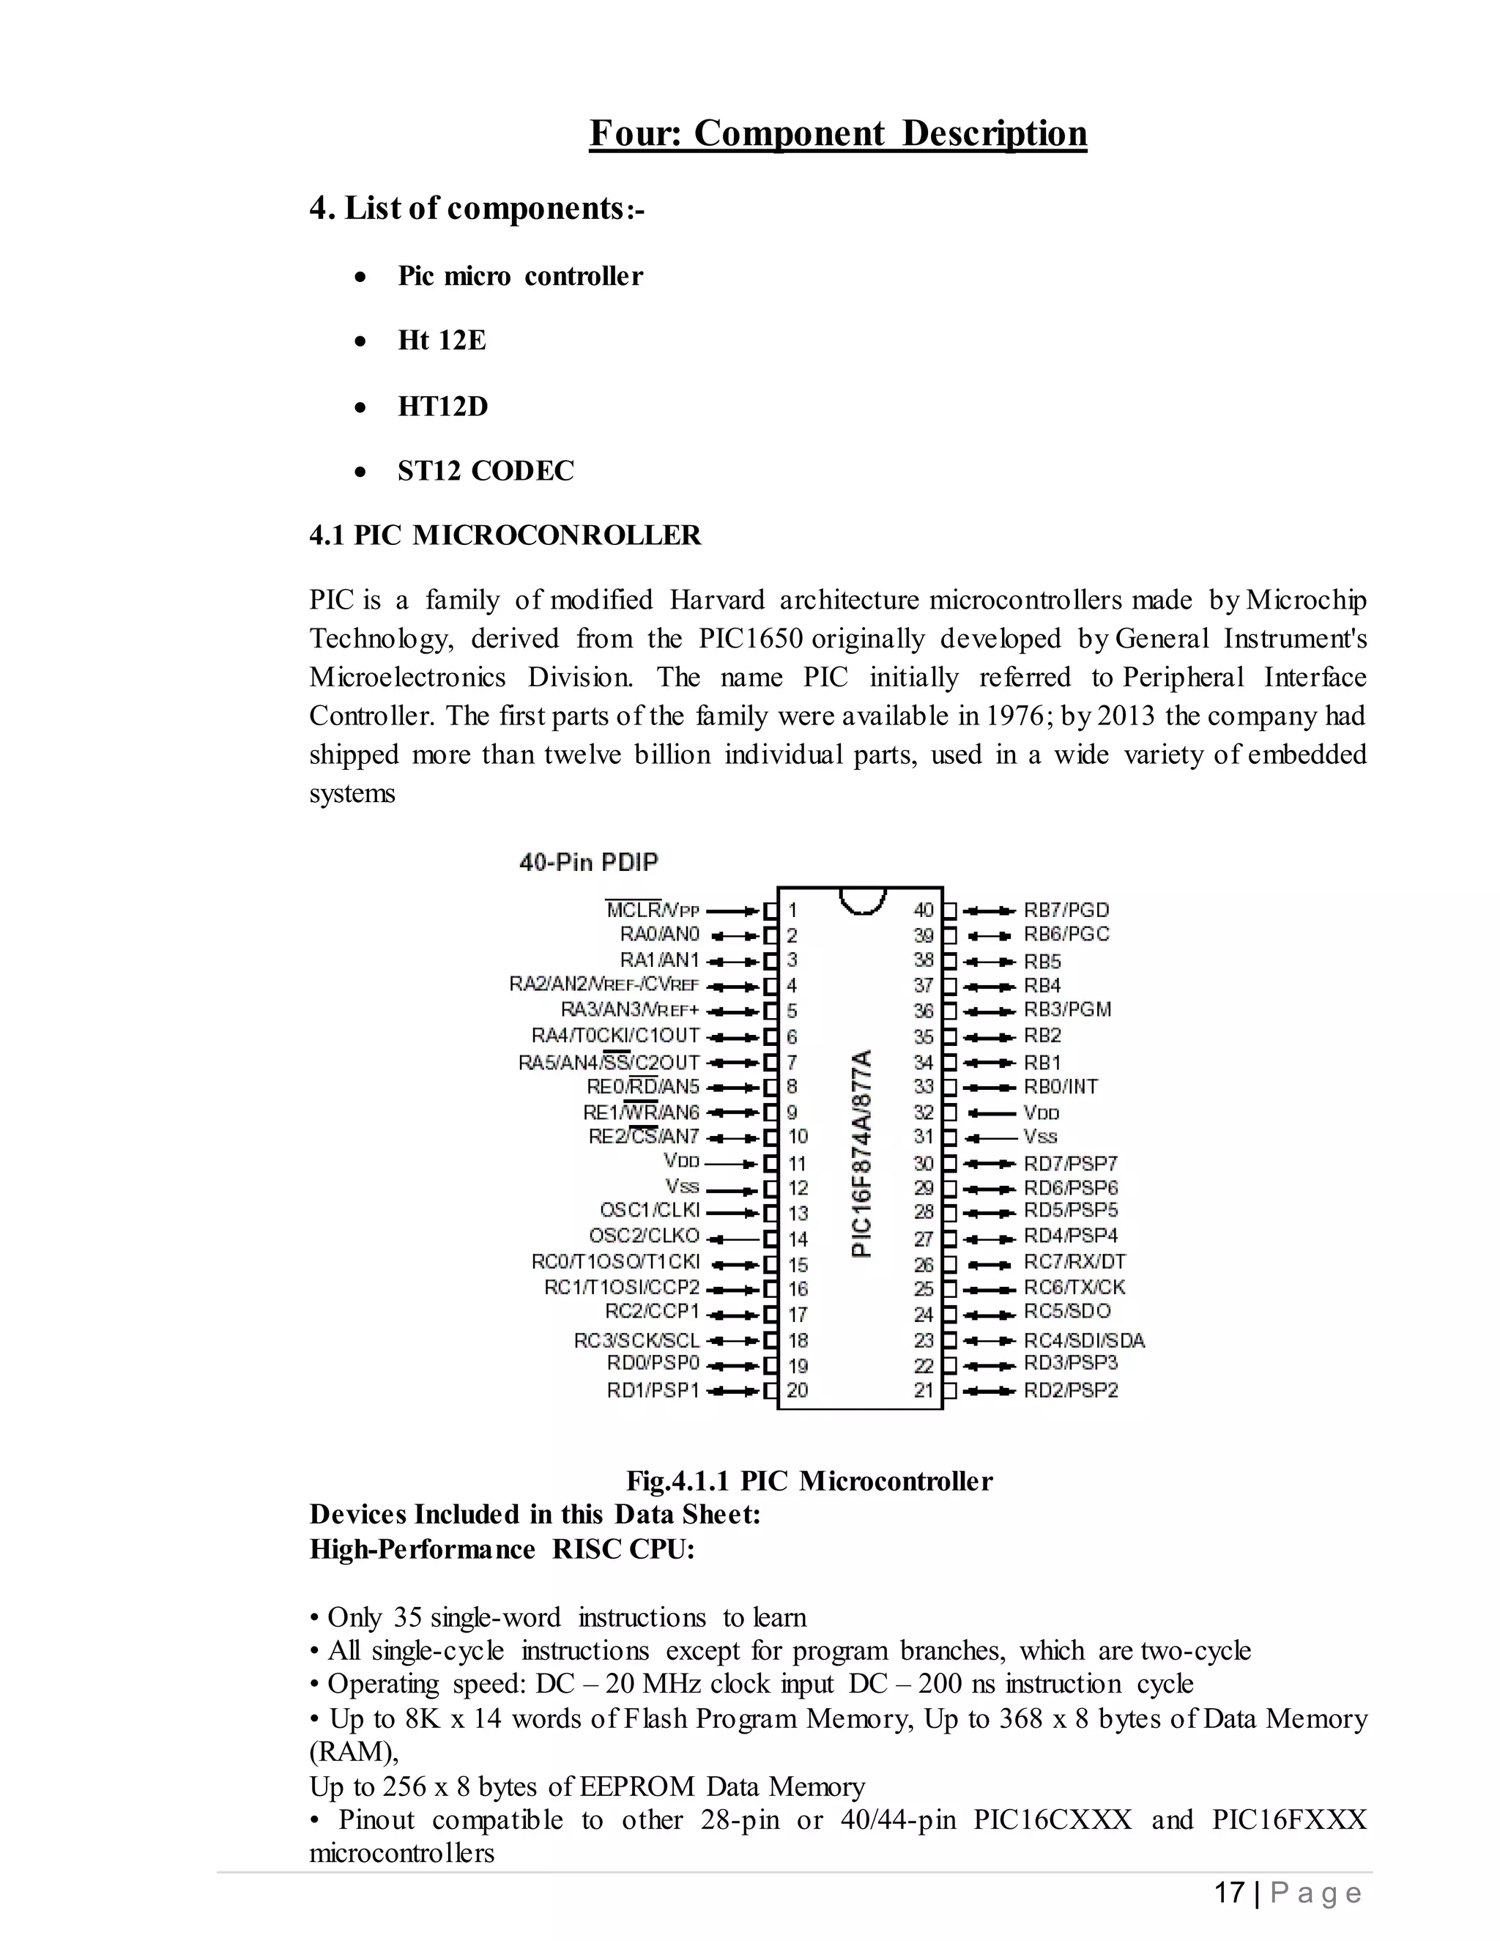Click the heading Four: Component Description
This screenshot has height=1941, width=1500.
pyautogui.click(x=837, y=133)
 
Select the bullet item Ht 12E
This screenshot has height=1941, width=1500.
pyautogui.click(x=442, y=341)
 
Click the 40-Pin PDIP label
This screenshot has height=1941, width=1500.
pyautogui.click(x=588, y=862)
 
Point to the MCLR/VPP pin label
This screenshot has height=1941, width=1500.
pyautogui.click(x=653, y=910)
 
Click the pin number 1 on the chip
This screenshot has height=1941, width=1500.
pyautogui.click(x=792, y=910)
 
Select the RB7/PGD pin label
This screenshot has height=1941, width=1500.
pyautogui.click(x=1066, y=910)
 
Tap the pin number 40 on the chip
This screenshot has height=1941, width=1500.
pyautogui.click(x=924, y=909)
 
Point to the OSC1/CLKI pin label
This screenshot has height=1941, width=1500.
pyautogui.click(x=650, y=1211)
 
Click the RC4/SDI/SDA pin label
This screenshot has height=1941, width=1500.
pyautogui.click(x=1084, y=1340)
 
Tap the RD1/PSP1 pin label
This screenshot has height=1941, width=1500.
pyautogui.click(x=653, y=1390)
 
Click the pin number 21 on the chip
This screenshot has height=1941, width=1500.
pyautogui.click(x=924, y=1390)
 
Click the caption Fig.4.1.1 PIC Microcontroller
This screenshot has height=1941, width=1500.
pyautogui.click(x=809, y=1480)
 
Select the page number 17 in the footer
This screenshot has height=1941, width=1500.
pyautogui.click(x=1229, y=1893)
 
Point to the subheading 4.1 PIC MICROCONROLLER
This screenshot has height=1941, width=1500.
pyautogui.click(x=505, y=535)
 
